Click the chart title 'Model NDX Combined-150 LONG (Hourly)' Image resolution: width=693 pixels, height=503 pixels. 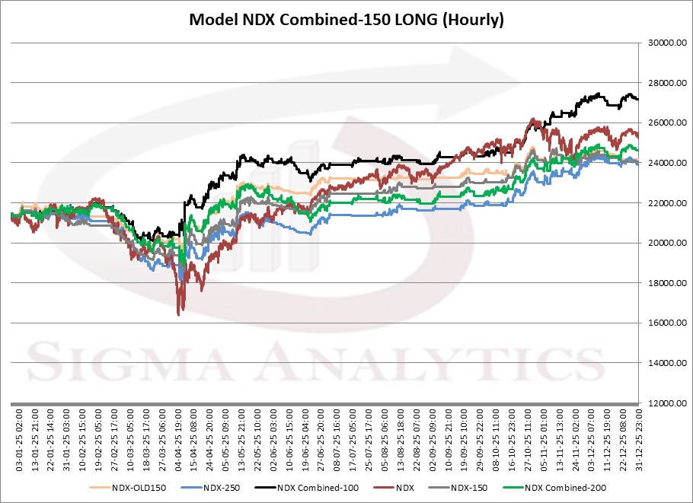(x=346, y=20)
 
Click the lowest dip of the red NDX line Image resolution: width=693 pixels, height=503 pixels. (x=178, y=314)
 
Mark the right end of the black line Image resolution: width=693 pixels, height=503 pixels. (x=637, y=100)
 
